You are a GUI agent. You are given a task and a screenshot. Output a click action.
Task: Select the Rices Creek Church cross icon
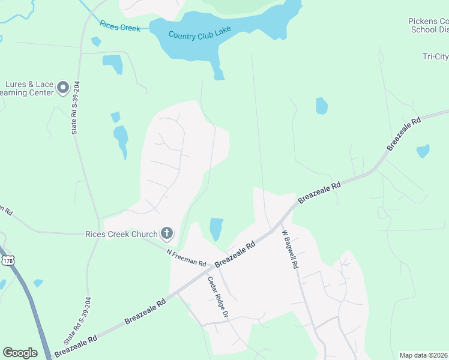[167, 233]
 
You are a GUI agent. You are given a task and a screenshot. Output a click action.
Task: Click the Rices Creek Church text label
[130, 233]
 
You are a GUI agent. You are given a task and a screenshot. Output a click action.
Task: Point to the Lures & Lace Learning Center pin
[63, 89]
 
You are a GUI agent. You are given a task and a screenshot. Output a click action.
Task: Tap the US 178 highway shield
[8, 261]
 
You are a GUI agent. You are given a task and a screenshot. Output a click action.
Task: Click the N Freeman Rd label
[187, 259]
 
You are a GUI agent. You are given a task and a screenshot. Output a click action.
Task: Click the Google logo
[20, 353]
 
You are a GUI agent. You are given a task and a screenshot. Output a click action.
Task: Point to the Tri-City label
[435, 57]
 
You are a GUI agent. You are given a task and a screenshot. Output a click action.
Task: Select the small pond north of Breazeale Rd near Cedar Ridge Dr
[215, 229]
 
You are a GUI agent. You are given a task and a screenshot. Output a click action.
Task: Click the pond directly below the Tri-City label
[322, 106]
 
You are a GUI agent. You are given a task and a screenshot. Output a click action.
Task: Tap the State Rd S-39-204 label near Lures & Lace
[77, 107]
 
